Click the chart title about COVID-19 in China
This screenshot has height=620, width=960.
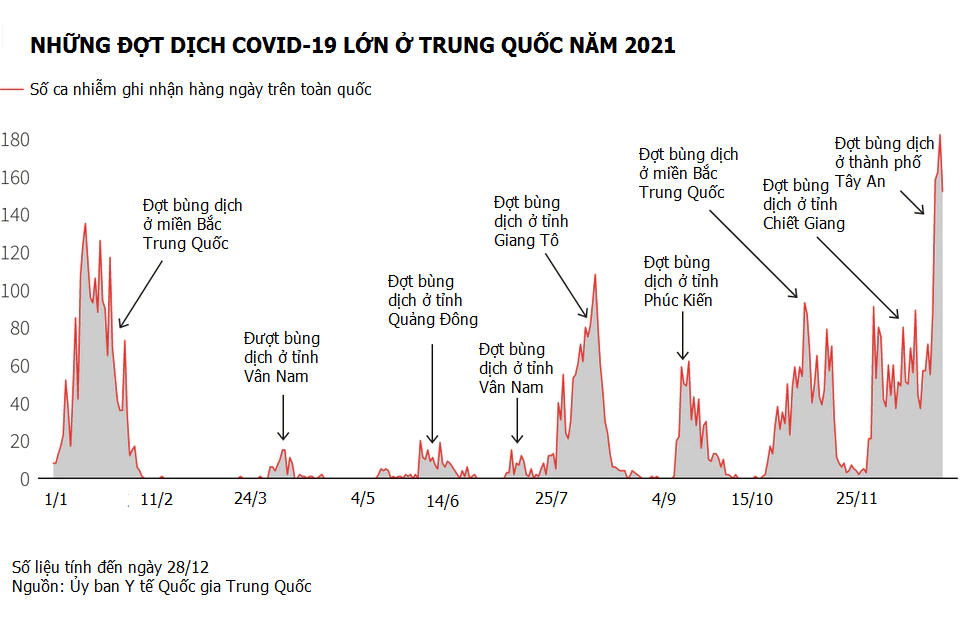tap(352, 45)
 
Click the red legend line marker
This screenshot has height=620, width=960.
tap(13, 90)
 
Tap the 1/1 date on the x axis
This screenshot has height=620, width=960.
tap(57, 498)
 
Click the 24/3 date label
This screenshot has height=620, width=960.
tap(250, 498)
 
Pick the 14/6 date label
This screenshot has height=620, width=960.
tap(443, 501)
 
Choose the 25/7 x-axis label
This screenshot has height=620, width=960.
tap(551, 498)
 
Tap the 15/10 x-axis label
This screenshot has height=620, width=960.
tap(752, 498)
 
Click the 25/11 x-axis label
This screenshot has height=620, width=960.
tap(856, 498)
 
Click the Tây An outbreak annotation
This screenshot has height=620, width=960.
tap(884, 163)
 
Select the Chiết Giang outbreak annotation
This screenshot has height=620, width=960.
tap(803, 204)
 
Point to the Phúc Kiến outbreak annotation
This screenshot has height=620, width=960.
tap(681, 281)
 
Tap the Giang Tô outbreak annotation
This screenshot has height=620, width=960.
tap(530, 221)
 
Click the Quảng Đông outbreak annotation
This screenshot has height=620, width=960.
tap(432, 300)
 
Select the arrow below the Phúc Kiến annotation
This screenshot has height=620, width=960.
tap(682, 334)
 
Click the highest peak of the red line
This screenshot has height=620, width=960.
tap(940, 135)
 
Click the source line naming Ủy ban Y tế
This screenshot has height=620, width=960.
tap(161, 586)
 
